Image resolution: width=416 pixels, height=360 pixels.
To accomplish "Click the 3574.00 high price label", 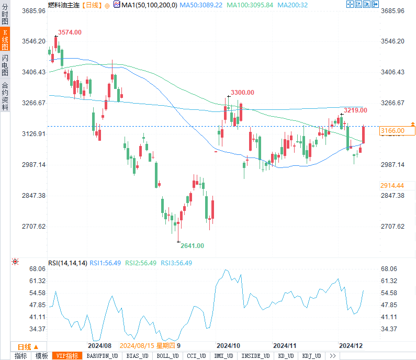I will [70, 32].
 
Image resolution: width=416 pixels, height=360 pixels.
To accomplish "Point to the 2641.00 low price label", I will [193, 245].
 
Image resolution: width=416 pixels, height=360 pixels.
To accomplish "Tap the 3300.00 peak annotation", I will [242, 93].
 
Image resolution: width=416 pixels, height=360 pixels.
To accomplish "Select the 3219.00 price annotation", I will [355, 110].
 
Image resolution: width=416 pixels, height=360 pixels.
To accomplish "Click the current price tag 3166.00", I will [393, 131].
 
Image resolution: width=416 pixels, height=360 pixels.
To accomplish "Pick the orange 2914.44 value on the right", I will [392, 185].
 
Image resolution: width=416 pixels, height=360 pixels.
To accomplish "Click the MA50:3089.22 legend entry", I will [201, 5].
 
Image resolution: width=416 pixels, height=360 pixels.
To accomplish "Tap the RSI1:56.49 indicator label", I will [105, 263].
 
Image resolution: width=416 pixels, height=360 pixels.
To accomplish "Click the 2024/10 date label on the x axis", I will [228, 346].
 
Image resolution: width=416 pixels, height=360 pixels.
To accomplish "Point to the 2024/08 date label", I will [99, 346].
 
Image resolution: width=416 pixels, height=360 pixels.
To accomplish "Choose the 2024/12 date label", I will [351, 346].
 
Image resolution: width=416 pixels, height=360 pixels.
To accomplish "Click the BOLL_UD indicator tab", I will [167, 356].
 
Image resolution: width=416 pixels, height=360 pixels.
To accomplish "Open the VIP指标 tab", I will [68, 356].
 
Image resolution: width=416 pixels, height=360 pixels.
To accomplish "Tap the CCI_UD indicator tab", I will [196, 356].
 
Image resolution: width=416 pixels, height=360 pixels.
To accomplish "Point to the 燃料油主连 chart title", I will [63, 5].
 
